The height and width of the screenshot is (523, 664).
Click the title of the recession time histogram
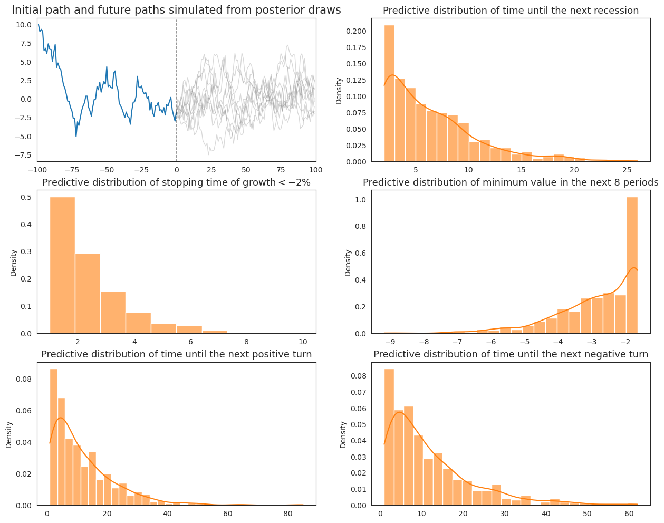click(511, 11)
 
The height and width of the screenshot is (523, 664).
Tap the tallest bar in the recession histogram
click(389, 95)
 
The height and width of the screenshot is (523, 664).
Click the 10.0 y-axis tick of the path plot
click(23, 25)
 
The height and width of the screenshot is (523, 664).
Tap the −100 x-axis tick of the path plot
click(37, 170)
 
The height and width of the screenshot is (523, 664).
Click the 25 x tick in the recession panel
click(627, 170)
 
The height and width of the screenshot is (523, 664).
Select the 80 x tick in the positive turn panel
click(287, 514)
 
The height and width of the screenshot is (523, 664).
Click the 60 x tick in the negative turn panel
click(629, 514)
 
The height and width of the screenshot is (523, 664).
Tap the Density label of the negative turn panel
click(343, 434)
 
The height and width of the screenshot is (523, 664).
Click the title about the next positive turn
click(176, 354)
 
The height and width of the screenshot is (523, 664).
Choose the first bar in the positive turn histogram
click(54, 438)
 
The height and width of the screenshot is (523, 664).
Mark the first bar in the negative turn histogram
click(389, 438)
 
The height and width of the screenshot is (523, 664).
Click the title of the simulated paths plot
click(176, 10)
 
